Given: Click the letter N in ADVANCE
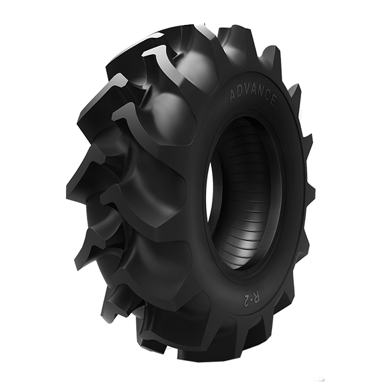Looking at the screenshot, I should coord(261,95).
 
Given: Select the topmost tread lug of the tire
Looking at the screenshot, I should coord(192,32).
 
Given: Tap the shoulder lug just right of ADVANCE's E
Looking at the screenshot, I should coord(294,96).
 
